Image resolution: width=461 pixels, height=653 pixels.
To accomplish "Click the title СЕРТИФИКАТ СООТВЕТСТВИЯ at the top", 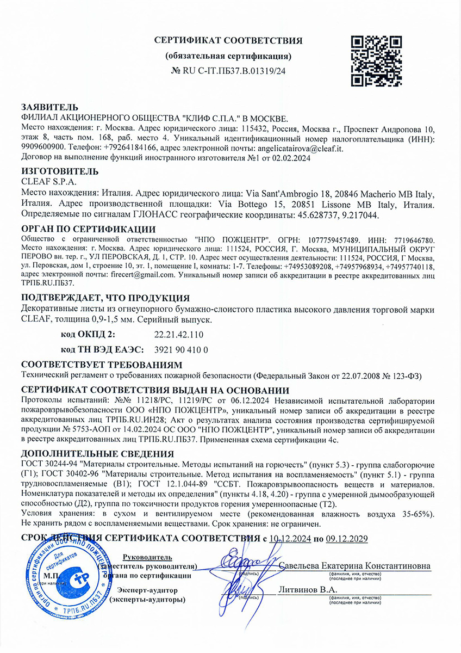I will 228,41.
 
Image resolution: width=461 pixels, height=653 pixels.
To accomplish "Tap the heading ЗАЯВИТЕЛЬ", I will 49,107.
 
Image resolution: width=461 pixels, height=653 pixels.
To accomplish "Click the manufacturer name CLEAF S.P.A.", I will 49,182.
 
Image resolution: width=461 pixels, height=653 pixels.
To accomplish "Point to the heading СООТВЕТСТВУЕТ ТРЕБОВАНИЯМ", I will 101,365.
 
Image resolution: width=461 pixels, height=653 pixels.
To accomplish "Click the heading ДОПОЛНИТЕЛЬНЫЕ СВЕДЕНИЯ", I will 97,454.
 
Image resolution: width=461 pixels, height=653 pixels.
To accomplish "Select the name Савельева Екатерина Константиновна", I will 354,566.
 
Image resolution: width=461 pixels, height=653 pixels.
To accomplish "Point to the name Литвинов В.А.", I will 308,589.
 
